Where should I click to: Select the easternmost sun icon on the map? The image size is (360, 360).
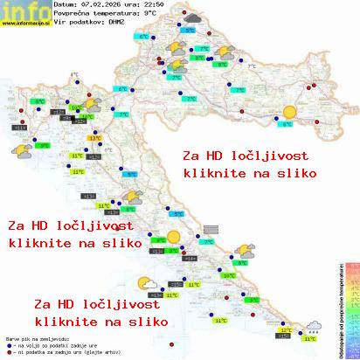[x=288, y=111]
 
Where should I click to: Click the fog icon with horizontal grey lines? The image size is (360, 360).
[x=211, y=229]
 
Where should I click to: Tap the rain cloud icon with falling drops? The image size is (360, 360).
[x=312, y=328]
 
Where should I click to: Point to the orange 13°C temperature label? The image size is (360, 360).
[x=94, y=138]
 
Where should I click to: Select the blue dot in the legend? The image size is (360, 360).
[x=8, y=343]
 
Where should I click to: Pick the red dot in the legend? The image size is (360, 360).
[x=8, y=350]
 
